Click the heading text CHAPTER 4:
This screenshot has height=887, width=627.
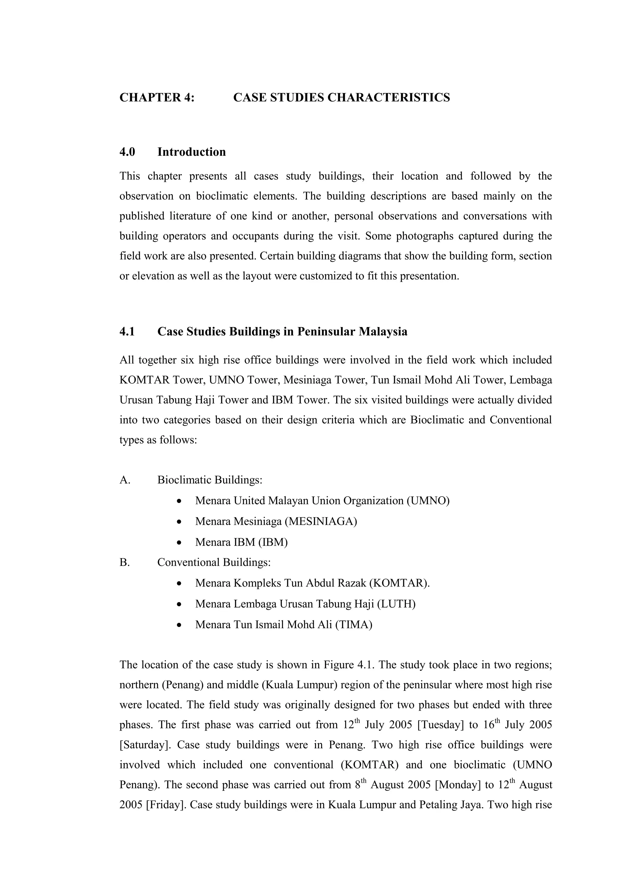[157, 97]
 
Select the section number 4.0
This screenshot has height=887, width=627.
[127, 152]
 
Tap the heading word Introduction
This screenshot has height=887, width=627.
[191, 152]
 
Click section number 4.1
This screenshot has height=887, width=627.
[127, 332]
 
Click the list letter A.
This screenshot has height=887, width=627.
[125, 480]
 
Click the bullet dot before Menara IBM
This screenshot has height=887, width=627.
[178, 543]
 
